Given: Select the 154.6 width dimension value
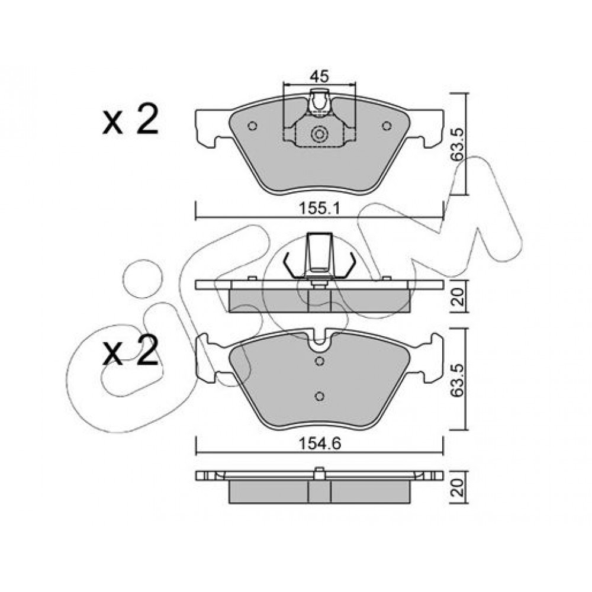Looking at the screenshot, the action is (320, 443).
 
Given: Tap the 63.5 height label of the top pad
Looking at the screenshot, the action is (458, 144).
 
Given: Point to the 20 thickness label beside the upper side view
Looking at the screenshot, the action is (458, 297).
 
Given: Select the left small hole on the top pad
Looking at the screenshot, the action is (253, 126).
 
